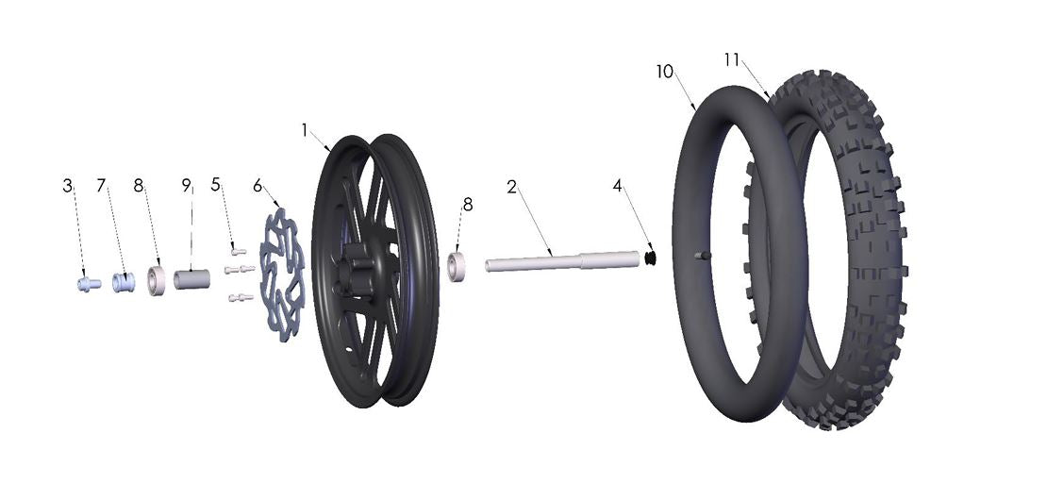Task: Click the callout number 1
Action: pyautogui.click(x=305, y=129)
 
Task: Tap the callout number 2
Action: pyautogui.click(x=511, y=187)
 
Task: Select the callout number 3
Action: pyautogui.click(x=68, y=187)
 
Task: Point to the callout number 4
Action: pyautogui.click(x=618, y=187)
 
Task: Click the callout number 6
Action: pyautogui.click(x=258, y=187)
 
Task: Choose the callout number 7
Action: pyautogui.click(x=102, y=187)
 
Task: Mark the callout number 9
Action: pyautogui.click(x=187, y=187)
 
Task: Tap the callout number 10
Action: pyautogui.click(x=666, y=73)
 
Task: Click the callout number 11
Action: pyautogui.click(x=732, y=59)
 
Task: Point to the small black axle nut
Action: pyautogui.click(x=650, y=257)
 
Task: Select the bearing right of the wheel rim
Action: pyautogui.click(x=458, y=266)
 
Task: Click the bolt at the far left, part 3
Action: pyautogui.click(x=88, y=283)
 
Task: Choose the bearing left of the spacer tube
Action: pyautogui.click(x=157, y=281)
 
